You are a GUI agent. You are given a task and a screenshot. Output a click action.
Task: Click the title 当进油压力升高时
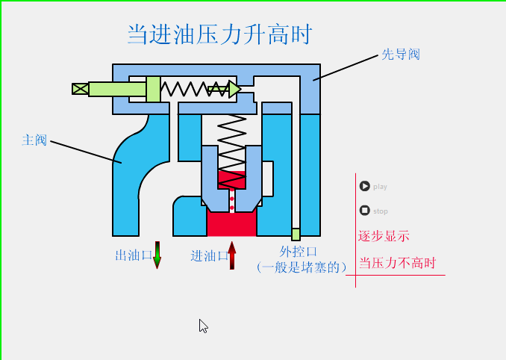pos(219,34)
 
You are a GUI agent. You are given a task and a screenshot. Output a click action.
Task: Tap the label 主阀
pos(34,140)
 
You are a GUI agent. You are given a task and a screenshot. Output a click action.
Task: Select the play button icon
pos(364,186)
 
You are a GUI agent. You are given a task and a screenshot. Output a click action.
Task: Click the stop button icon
pos(364,211)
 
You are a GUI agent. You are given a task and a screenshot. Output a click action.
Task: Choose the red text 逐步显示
pos(384,236)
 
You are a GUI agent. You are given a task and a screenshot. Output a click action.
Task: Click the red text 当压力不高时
pos(396,263)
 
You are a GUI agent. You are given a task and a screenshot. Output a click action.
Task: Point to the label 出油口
pos(133,256)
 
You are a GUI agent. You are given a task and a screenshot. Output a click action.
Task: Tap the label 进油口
pos(209,256)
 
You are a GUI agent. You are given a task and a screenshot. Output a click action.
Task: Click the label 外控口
pos(299,252)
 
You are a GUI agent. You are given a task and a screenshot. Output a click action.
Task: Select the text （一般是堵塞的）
pos(301,267)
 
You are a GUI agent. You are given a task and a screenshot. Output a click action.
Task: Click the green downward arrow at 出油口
pos(157,255)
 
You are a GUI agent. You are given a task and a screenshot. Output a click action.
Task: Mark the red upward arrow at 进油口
pos(232,255)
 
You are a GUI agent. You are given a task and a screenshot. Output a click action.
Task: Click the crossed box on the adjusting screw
pos(80,89)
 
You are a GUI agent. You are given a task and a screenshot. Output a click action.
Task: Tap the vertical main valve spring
pos(231,142)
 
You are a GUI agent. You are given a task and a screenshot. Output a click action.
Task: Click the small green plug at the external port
pos(296,234)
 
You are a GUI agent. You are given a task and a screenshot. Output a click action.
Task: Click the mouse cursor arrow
pos(203,326)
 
